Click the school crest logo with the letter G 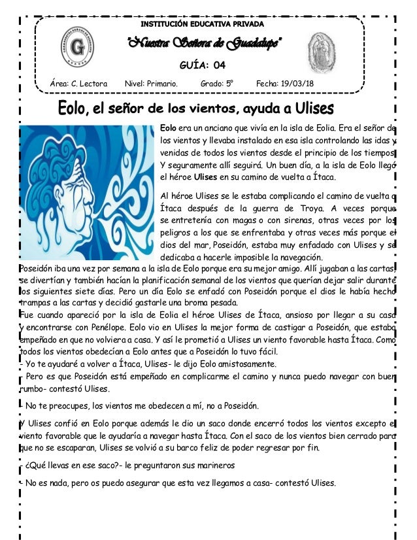tap(76, 48)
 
